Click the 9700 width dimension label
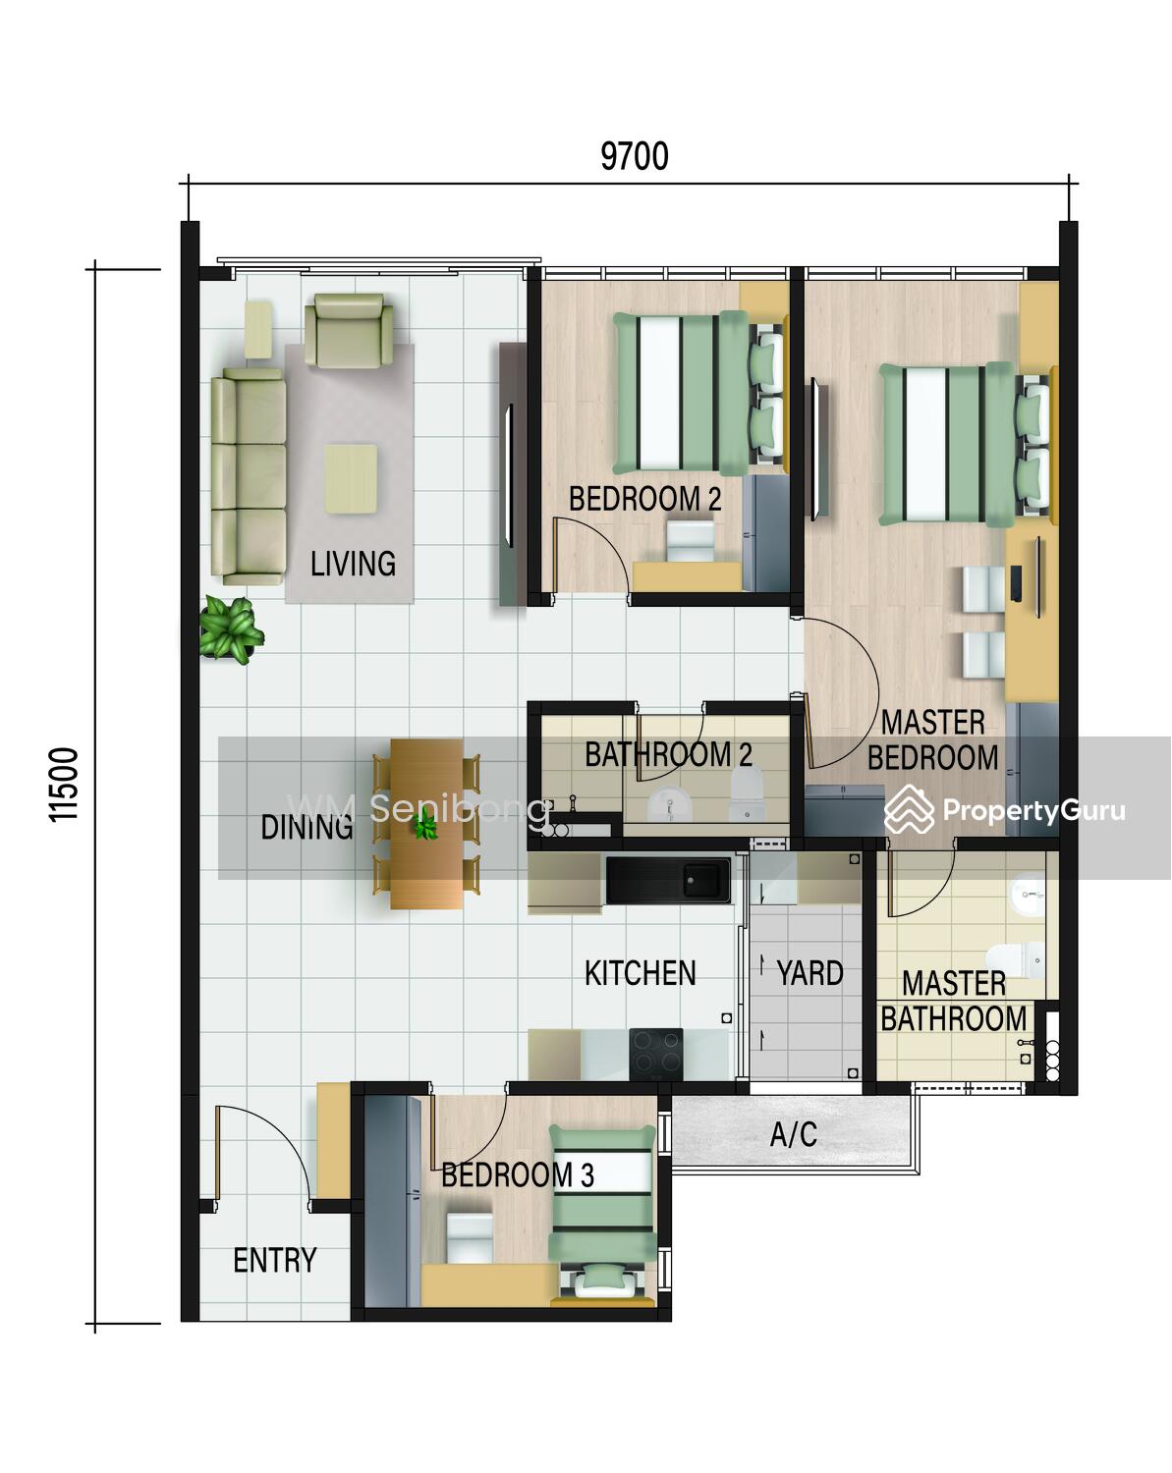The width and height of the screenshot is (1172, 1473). tap(635, 157)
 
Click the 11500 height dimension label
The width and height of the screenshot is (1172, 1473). tap(64, 785)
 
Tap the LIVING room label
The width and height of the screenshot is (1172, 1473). tap(353, 564)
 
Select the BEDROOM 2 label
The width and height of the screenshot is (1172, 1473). tap(645, 498)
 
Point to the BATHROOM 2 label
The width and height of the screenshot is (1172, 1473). tap(669, 754)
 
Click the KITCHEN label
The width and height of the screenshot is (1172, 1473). tap(640, 972)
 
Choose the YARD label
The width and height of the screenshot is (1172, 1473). tap(809, 972)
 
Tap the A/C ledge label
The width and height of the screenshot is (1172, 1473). tap(793, 1134)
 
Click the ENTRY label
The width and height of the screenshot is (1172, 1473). tap(275, 1260)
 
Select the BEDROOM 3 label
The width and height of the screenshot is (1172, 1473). tap(517, 1174)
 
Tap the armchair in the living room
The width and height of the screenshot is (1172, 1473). tap(349, 330)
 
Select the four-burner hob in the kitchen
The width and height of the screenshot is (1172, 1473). tap(655, 1054)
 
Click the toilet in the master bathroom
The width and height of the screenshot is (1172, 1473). tap(1015, 960)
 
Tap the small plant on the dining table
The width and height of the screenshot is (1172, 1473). tap(425, 824)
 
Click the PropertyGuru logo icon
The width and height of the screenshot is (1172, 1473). tap(909, 810)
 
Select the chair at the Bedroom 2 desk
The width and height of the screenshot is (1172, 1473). tap(691, 541)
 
